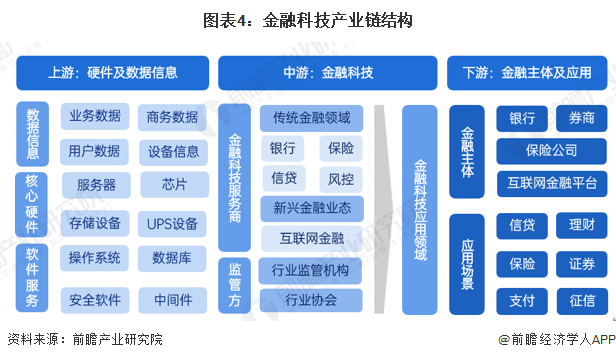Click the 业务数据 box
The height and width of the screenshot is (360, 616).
click(x=95, y=117)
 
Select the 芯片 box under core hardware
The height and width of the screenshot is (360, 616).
click(x=172, y=185)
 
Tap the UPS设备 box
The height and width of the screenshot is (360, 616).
click(x=172, y=222)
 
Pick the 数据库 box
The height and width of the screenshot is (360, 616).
click(x=172, y=258)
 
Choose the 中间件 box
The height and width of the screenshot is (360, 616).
click(x=172, y=298)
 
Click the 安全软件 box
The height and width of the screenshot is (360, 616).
click(x=95, y=298)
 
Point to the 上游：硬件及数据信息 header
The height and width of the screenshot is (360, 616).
click(x=112, y=72)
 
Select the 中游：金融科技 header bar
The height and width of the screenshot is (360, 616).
click(x=328, y=72)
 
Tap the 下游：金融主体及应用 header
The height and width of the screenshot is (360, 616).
click(x=526, y=72)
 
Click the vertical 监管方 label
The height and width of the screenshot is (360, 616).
click(x=234, y=284)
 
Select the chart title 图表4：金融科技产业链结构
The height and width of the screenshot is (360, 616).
click(x=307, y=20)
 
